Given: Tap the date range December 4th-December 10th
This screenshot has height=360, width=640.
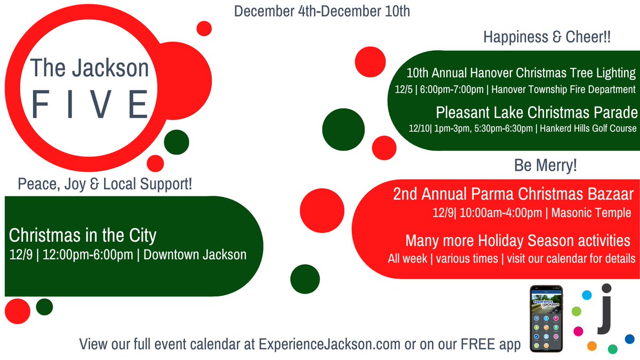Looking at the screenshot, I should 322,11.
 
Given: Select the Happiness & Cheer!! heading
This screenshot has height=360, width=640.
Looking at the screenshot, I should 547,38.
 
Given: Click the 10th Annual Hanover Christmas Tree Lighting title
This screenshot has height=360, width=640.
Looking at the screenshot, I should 521,73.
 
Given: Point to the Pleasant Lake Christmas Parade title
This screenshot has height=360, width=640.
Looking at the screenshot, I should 536,113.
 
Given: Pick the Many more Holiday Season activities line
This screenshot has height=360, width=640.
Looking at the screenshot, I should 514,241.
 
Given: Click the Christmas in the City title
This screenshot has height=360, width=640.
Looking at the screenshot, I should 83,235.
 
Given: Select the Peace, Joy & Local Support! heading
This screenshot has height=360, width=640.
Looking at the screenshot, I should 105,185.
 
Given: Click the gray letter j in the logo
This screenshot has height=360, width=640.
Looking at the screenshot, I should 605,310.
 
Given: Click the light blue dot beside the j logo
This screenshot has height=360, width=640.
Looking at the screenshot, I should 587,295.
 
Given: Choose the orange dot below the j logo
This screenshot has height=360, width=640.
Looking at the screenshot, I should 591,346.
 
